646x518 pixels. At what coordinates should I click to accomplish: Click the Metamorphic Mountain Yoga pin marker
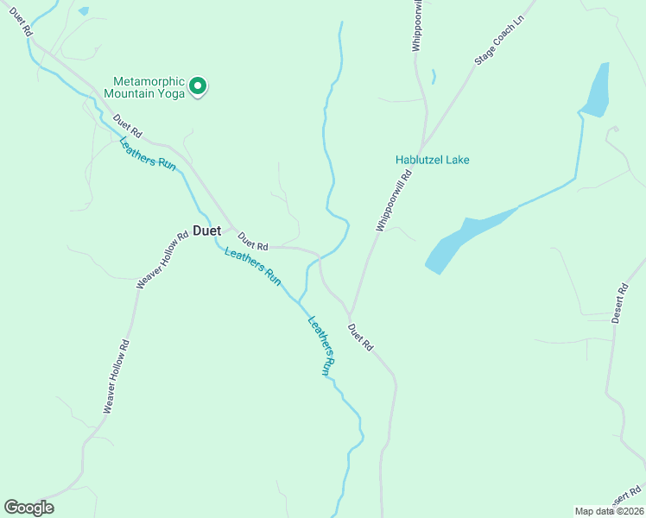click(x=197, y=85)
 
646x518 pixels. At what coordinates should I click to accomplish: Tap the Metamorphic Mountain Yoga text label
click(x=144, y=87)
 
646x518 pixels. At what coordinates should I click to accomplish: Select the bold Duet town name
click(x=206, y=231)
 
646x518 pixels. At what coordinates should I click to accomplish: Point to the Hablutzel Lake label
click(x=432, y=160)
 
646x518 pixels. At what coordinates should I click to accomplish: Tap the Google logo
click(x=28, y=508)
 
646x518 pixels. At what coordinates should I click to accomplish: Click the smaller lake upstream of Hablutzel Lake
click(x=596, y=91)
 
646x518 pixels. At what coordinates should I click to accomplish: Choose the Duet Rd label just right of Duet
click(x=253, y=243)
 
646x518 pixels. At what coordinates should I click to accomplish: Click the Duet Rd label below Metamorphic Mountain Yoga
click(x=126, y=128)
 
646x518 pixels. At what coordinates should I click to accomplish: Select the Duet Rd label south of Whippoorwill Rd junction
click(x=360, y=337)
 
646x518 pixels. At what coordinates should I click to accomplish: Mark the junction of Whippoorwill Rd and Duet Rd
click(x=350, y=314)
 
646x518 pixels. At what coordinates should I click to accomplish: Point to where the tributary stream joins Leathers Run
click(x=300, y=301)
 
